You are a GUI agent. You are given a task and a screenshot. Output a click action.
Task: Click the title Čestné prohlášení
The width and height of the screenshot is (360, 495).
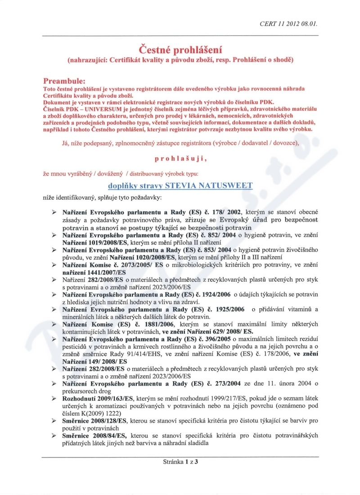[180, 49]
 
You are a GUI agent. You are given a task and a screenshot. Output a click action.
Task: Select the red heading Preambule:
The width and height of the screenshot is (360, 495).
[64, 81]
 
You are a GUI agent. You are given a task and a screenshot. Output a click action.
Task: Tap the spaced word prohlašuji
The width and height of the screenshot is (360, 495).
[180, 158]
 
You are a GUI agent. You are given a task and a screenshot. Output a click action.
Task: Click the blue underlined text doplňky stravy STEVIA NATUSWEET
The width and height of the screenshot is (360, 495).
[180, 185]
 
